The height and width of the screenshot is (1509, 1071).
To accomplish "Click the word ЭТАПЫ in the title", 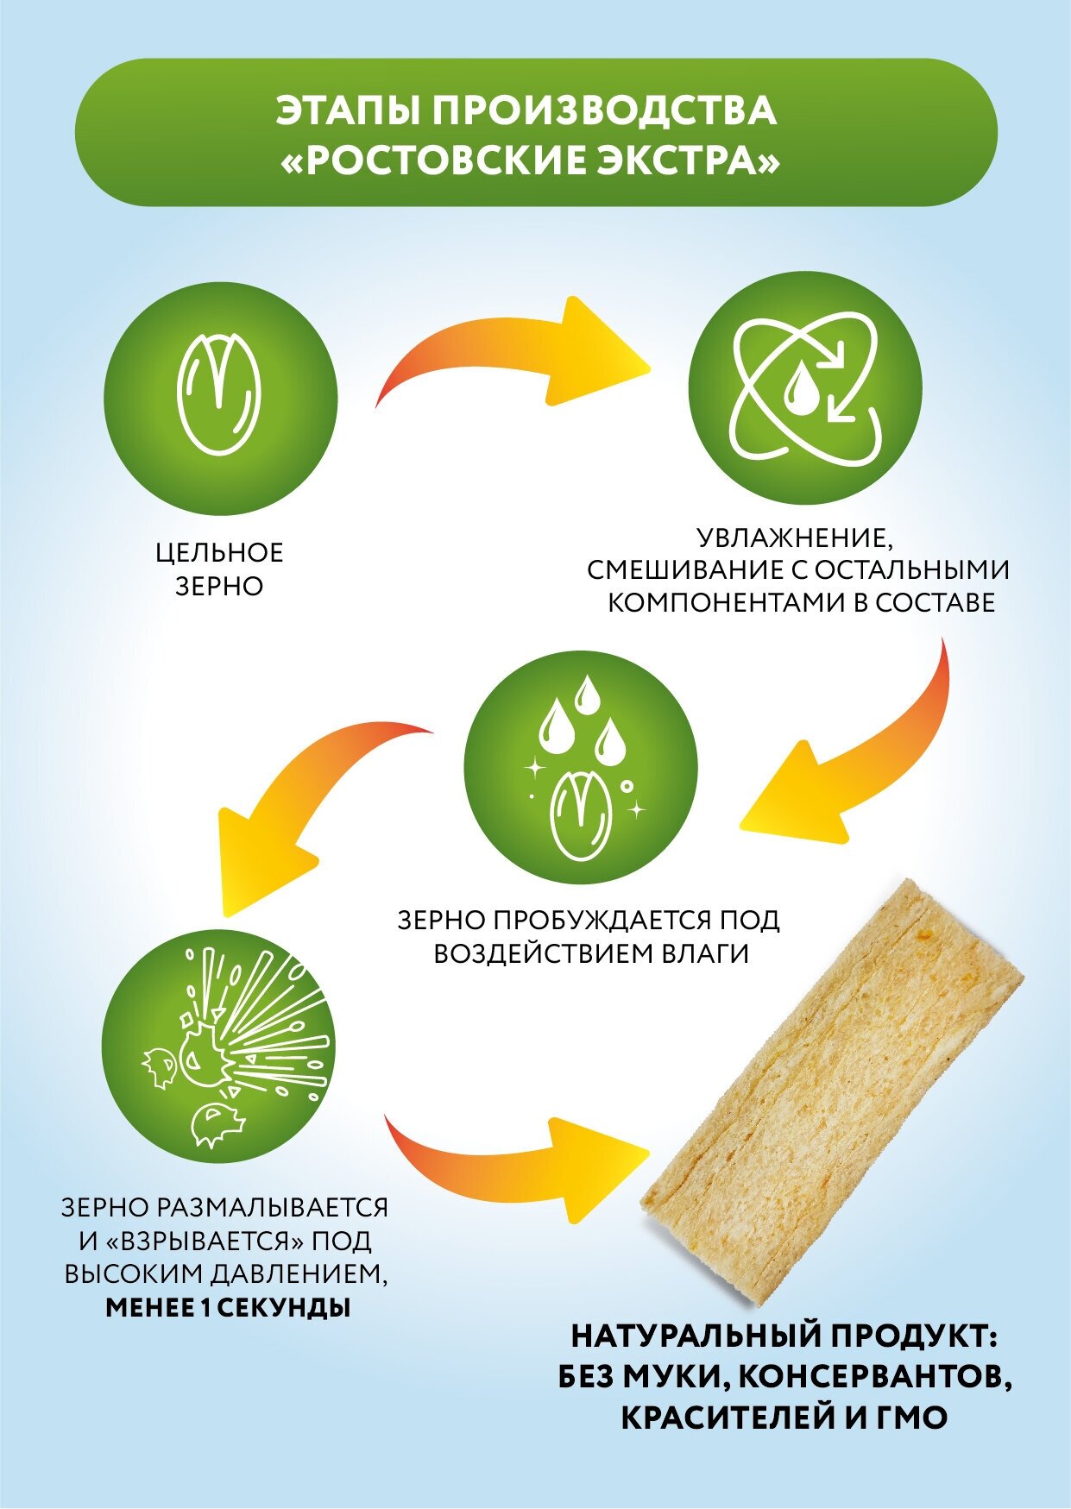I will (x=344, y=111).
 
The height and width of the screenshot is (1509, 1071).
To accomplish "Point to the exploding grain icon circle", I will (x=219, y=1045).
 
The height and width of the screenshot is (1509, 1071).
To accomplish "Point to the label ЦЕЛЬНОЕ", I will (x=219, y=553).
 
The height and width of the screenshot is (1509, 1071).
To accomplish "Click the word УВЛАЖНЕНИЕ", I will (x=793, y=539).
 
